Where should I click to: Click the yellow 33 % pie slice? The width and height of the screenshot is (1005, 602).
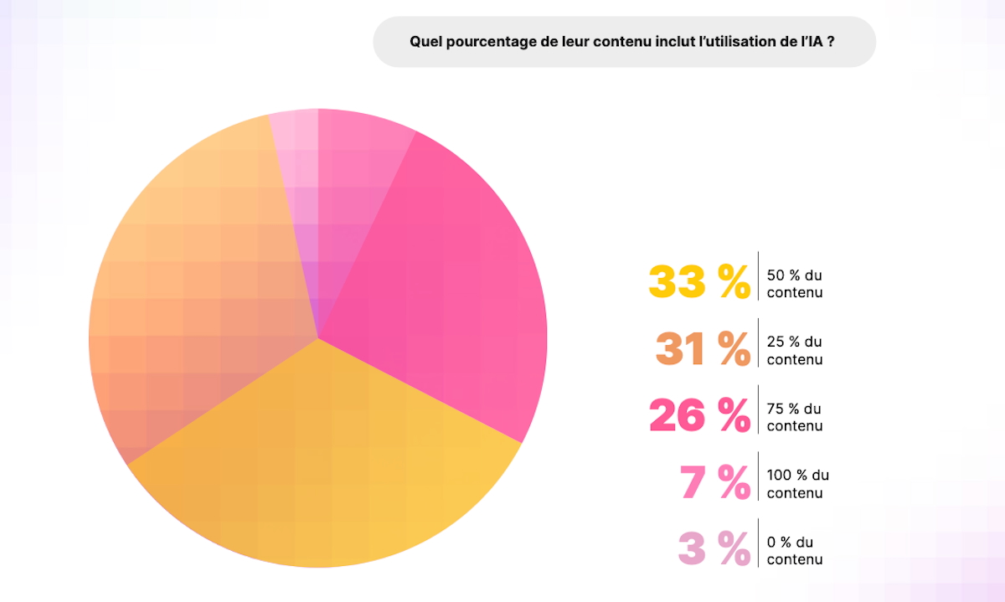327,469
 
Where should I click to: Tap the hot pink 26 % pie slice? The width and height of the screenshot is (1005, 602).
452,285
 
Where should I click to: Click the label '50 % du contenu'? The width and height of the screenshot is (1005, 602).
795,284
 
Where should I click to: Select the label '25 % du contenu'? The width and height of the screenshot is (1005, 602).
795,351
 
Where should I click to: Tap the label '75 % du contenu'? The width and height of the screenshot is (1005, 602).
795,417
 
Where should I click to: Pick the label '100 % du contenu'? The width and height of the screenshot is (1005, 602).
797,484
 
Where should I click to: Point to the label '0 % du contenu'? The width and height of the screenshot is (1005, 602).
792,551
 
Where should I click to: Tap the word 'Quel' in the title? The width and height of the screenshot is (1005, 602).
424,42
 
